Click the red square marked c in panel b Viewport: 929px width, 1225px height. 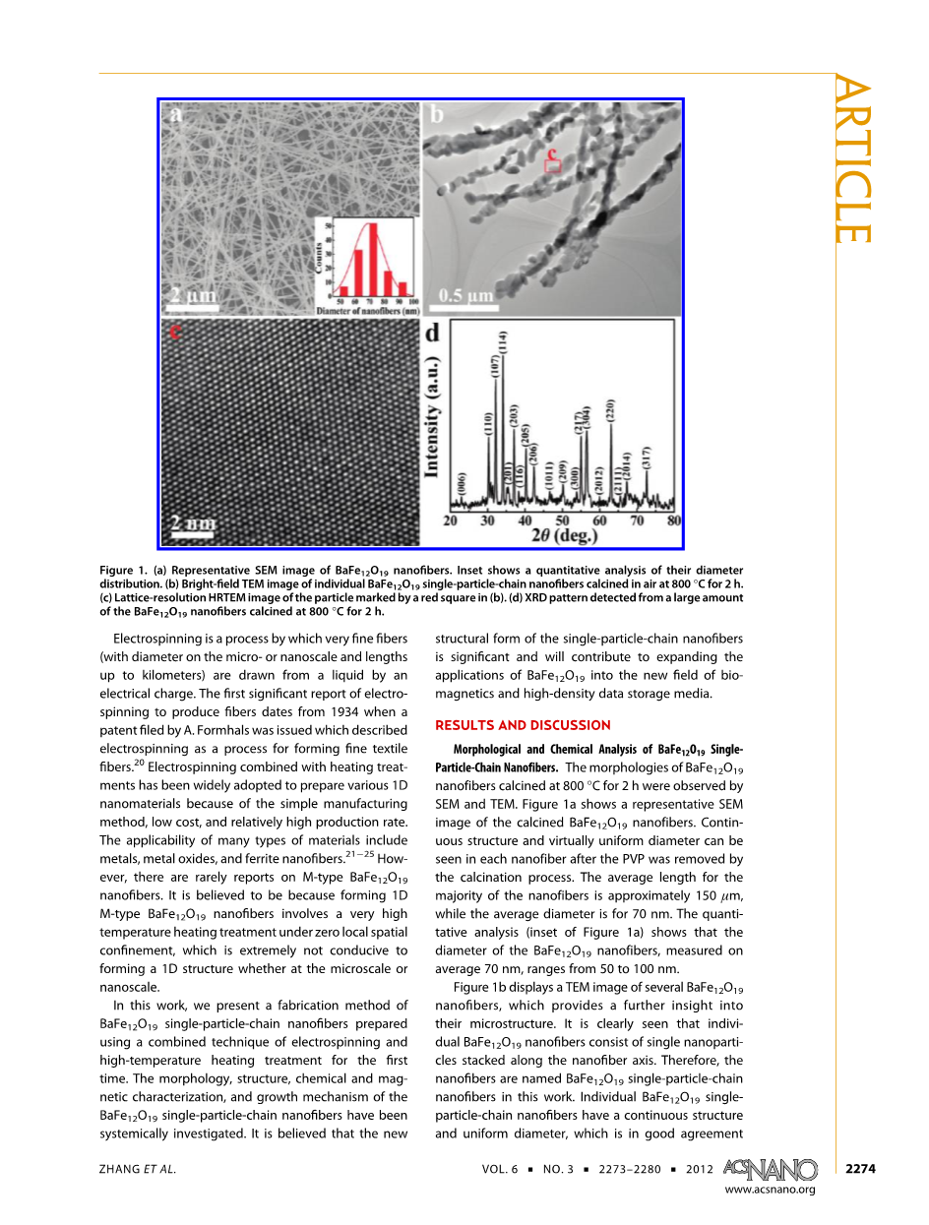click(553, 166)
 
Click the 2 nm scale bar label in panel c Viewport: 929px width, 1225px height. click(192, 522)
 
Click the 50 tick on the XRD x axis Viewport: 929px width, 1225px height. click(562, 520)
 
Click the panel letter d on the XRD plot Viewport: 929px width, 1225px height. click(432, 334)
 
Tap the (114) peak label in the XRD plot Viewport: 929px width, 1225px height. click(503, 344)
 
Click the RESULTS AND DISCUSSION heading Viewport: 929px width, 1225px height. click(523, 725)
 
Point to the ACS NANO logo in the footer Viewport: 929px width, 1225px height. click(770, 1168)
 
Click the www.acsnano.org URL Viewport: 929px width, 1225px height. click(770, 1190)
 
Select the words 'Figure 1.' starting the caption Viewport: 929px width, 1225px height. click(123, 571)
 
